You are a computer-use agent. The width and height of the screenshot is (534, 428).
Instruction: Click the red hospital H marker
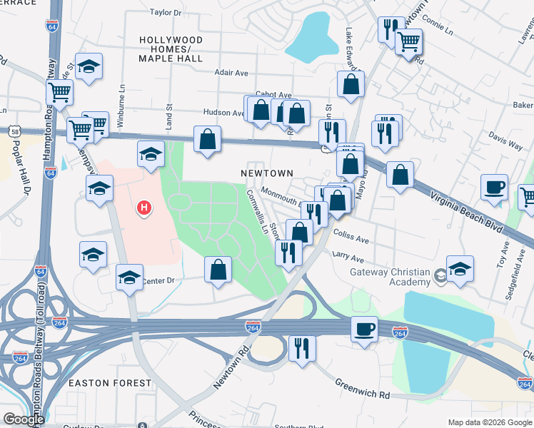[x=144, y=208]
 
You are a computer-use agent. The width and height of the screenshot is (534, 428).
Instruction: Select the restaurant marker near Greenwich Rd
[x=302, y=348]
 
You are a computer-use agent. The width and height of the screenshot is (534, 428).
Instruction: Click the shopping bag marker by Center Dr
[x=218, y=270]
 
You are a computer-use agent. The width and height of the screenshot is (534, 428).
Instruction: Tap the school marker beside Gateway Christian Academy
[x=460, y=269]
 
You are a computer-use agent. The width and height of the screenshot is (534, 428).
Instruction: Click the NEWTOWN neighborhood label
[x=266, y=173]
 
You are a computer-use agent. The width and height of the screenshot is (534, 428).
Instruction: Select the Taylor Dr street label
[x=166, y=13]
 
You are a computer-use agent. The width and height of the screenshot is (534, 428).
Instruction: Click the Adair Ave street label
[x=231, y=72]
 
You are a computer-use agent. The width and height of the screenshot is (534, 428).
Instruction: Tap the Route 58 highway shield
[x=15, y=132]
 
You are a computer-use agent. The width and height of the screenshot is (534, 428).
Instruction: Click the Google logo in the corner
[x=24, y=419]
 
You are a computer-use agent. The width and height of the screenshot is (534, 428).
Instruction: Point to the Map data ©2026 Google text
[x=488, y=422]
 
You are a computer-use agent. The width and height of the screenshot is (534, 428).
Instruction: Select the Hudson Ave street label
[x=223, y=113]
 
